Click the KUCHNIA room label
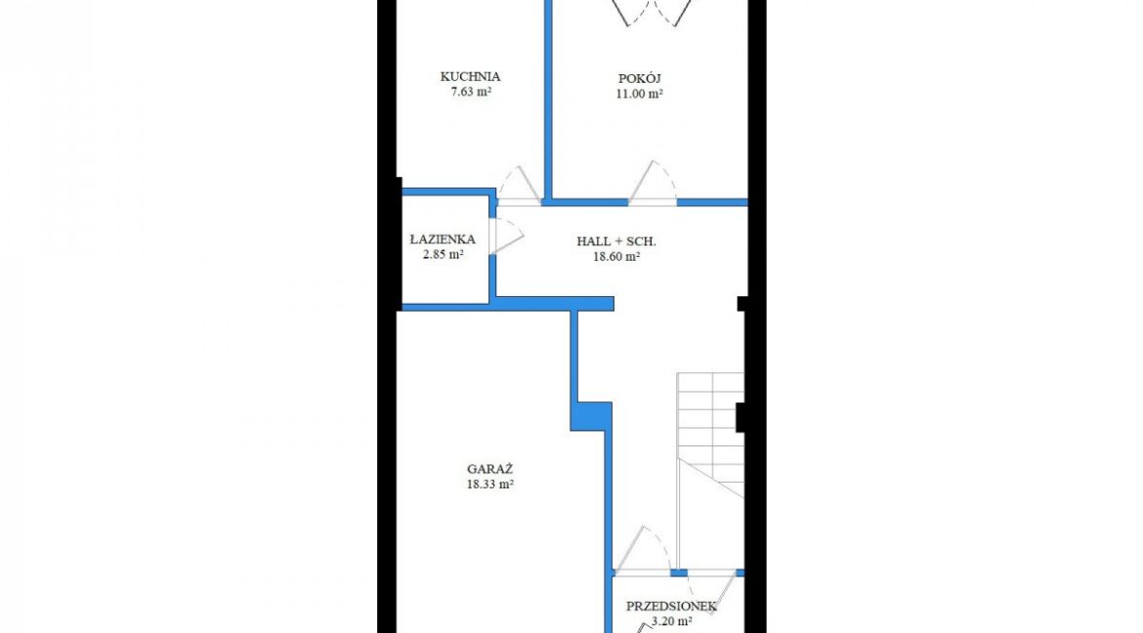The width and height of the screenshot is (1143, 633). [x=470, y=76]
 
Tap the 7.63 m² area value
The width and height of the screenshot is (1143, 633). [x=470, y=92]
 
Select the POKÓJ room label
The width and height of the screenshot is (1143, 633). [x=639, y=79]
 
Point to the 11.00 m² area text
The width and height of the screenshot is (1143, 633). [x=639, y=94]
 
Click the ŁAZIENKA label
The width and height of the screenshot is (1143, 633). [x=443, y=239]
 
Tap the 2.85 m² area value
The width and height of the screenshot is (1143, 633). [x=443, y=255]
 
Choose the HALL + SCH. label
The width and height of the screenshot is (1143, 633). [x=616, y=241]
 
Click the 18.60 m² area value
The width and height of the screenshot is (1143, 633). [x=616, y=257]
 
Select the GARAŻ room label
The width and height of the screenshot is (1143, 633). [x=489, y=469]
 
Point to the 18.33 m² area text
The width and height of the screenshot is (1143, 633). [x=489, y=485]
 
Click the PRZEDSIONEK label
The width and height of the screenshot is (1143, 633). [x=671, y=606]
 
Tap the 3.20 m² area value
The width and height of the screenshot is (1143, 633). [x=671, y=622]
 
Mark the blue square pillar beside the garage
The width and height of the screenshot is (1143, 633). [x=590, y=416]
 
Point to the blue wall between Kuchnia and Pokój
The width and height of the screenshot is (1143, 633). [x=547, y=99]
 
